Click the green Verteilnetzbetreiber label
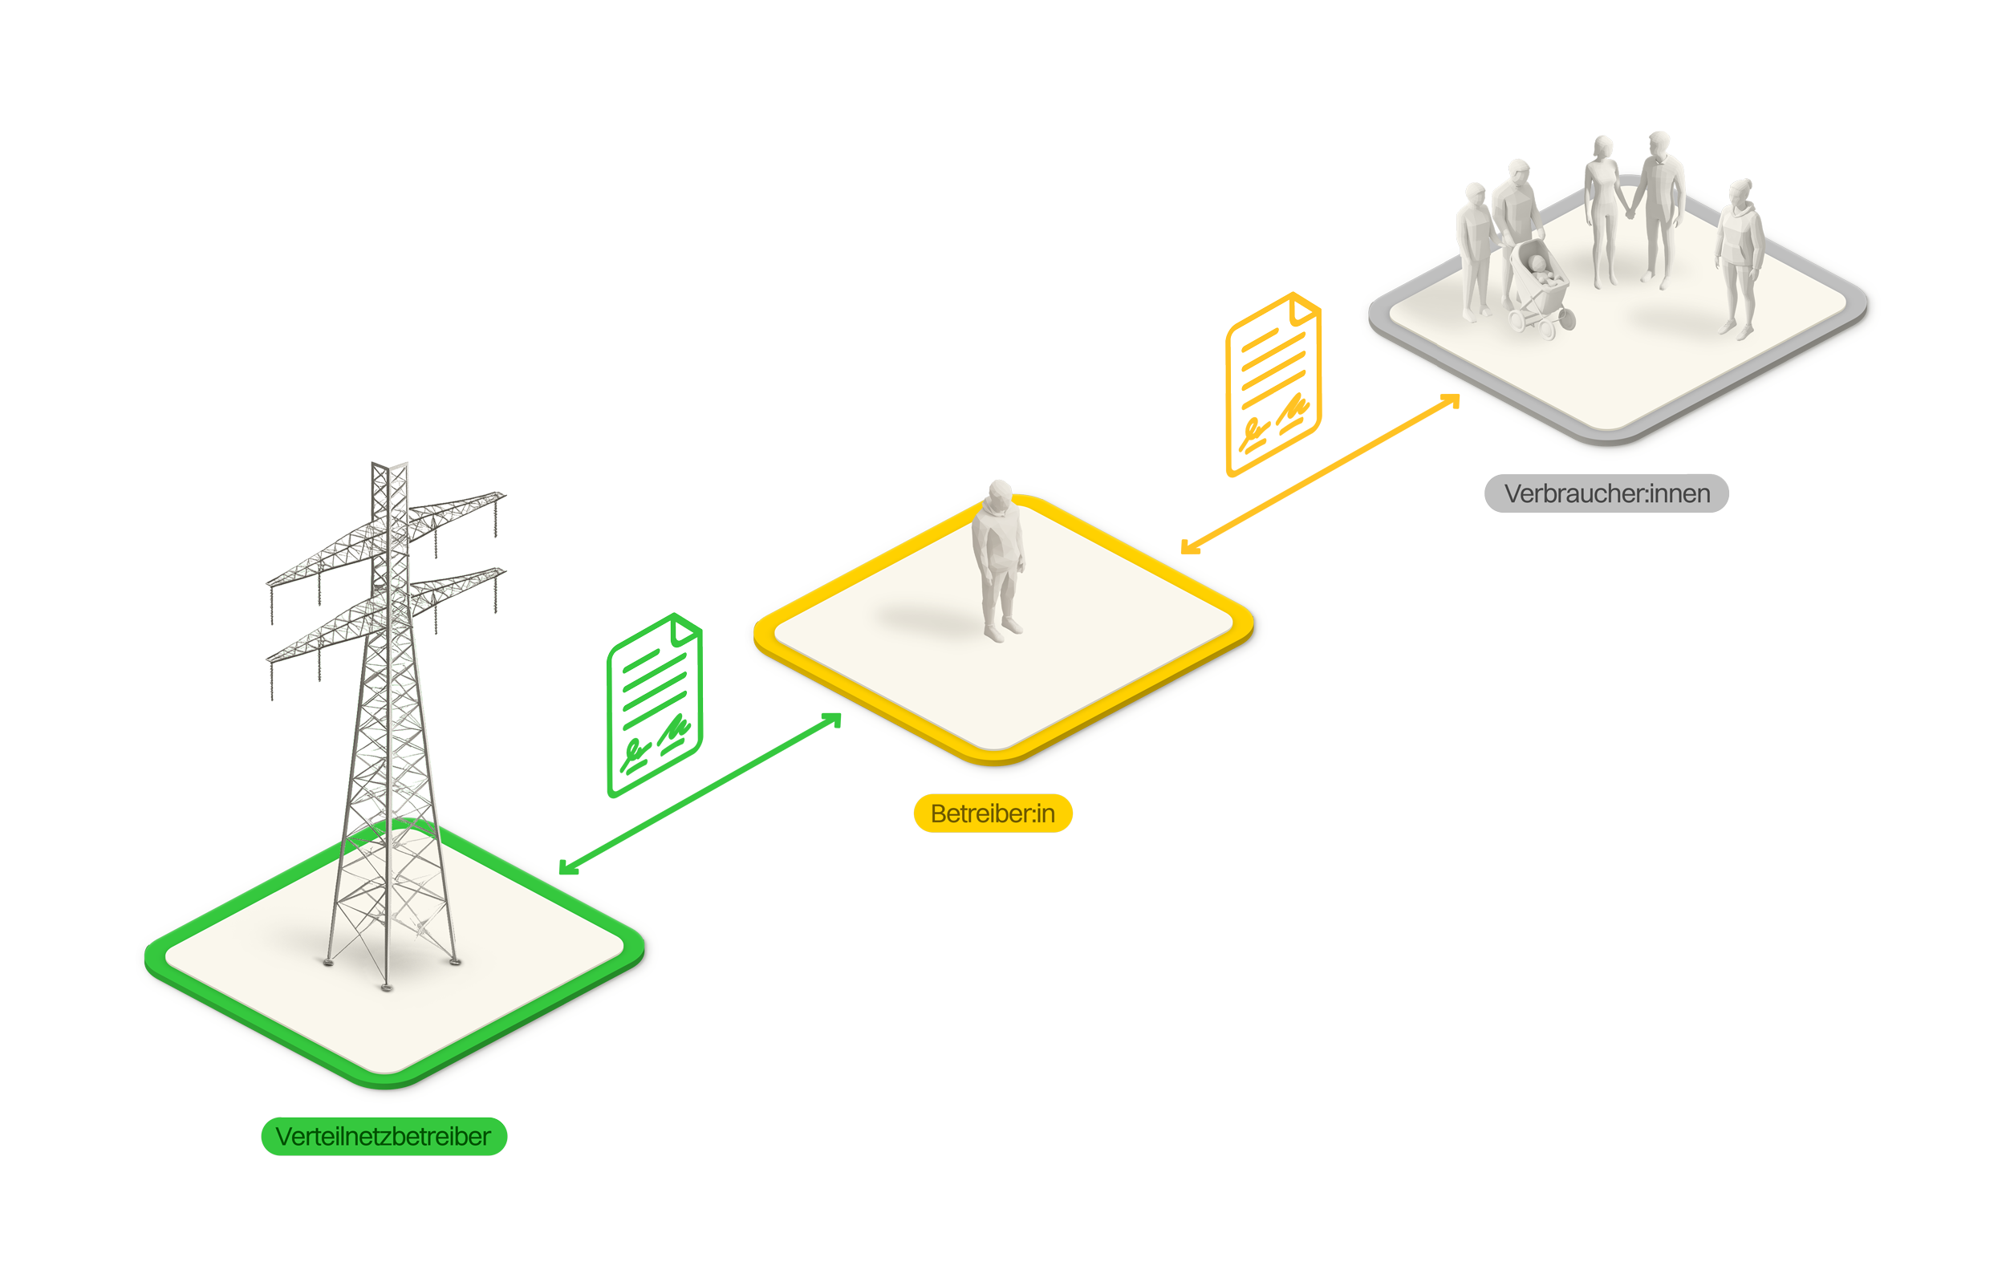pyautogui.click(x=384, y=1136)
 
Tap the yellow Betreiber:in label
pyautogui.click(x=993, y=813)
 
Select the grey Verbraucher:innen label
pyautogui.click(x=1606, y=493)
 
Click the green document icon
pyautogui.click(x=655, y=667)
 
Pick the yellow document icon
pyautogui.click(x=1273, y=345)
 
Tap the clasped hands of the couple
pyautogui.click(x=1630, y=212)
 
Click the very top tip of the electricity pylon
pyautogui.click(x=388, y=465)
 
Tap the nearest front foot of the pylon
pyautogui.click(x=386, y=988)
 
